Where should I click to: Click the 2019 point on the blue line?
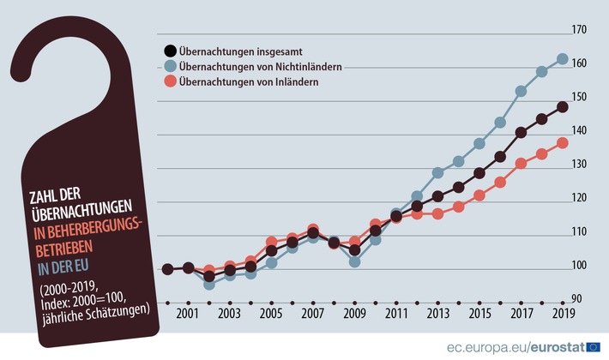(x=563, y=59)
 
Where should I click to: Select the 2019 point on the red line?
(x=563, y=143)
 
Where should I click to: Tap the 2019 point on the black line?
(x=563, y=107)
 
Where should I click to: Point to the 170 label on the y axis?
(x=579, y=30)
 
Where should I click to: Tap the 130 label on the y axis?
(x=579, y=164)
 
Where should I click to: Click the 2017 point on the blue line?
(x=522, y=91)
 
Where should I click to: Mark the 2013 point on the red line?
(x=437, y=213)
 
